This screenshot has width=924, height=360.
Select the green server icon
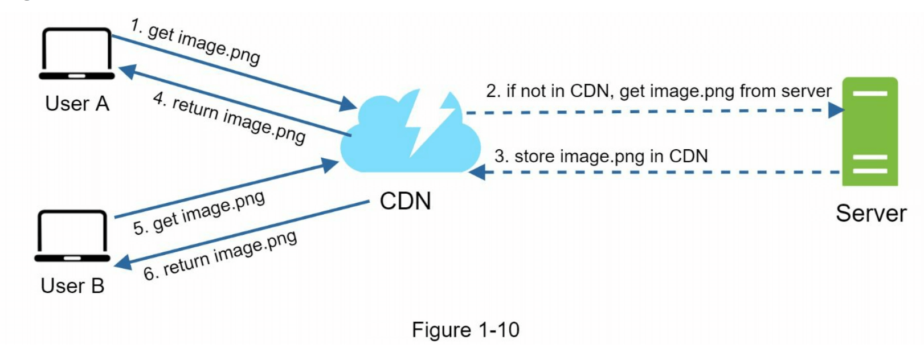pyautogui.click(x=870, y=132)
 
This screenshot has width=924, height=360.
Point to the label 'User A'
pyautogui.click(x=77, y=104)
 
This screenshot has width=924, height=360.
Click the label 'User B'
pyautogui.click(x=72, y=285)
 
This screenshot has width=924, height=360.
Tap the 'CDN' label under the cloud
pyautogui.click(x=405, y=201)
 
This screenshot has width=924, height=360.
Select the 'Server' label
pyautogui.click(x=871, y=214)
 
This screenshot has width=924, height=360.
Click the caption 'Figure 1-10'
pyautogui.click(x=465, y=330)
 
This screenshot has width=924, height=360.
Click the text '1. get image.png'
pyautogui.click(x=195, y=41)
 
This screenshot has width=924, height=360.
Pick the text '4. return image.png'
pyautogui.click(x=229, y=118)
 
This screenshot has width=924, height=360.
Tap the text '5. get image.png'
pyautogui.click(x=199, y=212)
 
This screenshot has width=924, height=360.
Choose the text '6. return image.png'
pyautogui.click(x=220, y=255)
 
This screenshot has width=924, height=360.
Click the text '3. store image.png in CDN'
pyautogui.click(x=601, y=156)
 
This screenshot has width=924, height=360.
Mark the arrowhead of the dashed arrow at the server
pyautogui.click(x=836, y=110)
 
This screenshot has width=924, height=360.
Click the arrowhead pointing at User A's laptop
pyautogui.click(x=126, y=71)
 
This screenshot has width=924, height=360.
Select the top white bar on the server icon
pyautogui.click(x=870, y=93)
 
